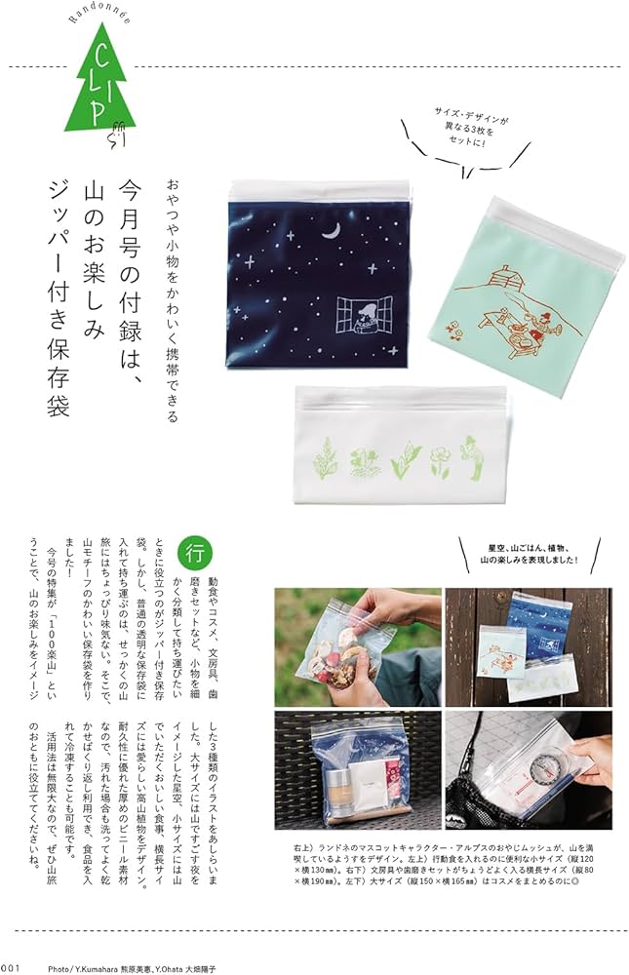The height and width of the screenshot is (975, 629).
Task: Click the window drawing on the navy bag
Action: click(362, 317)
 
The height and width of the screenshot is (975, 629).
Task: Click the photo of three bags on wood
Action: click(528, 643)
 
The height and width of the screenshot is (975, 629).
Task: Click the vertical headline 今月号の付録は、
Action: click(131, 264)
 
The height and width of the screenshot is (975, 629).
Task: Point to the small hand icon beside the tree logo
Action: click(118, 136)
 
